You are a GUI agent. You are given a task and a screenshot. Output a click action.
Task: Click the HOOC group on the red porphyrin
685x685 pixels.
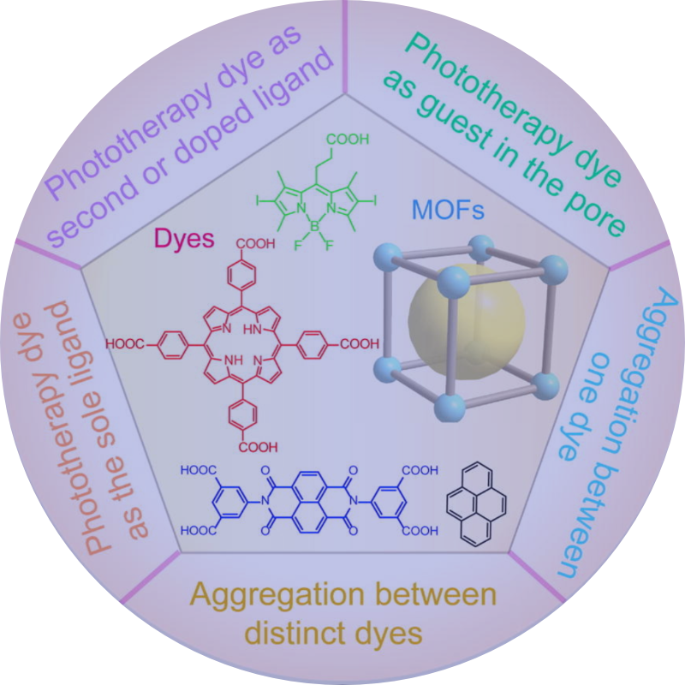pos(126,345)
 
